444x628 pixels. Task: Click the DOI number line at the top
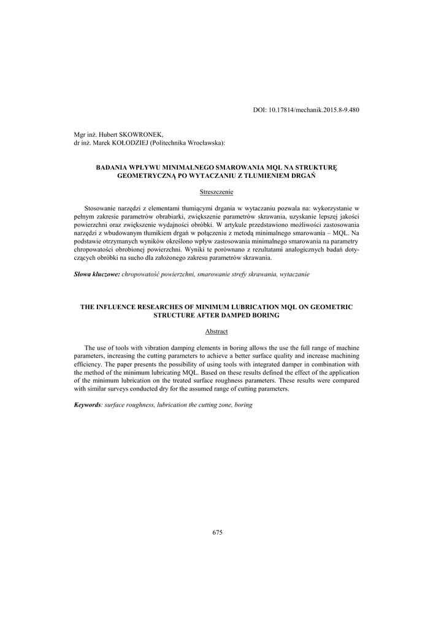[306, 110]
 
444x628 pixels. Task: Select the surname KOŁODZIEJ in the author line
[127, 143]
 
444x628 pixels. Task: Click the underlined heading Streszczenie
[216, 192]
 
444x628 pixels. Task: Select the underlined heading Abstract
[216, 332]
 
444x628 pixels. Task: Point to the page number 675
[217, 532]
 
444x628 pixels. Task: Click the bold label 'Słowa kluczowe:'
[97, 274]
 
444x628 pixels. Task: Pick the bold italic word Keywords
[87, 405]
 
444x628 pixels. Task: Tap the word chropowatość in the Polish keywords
[142, 274]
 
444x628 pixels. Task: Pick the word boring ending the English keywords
[243, 405]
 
